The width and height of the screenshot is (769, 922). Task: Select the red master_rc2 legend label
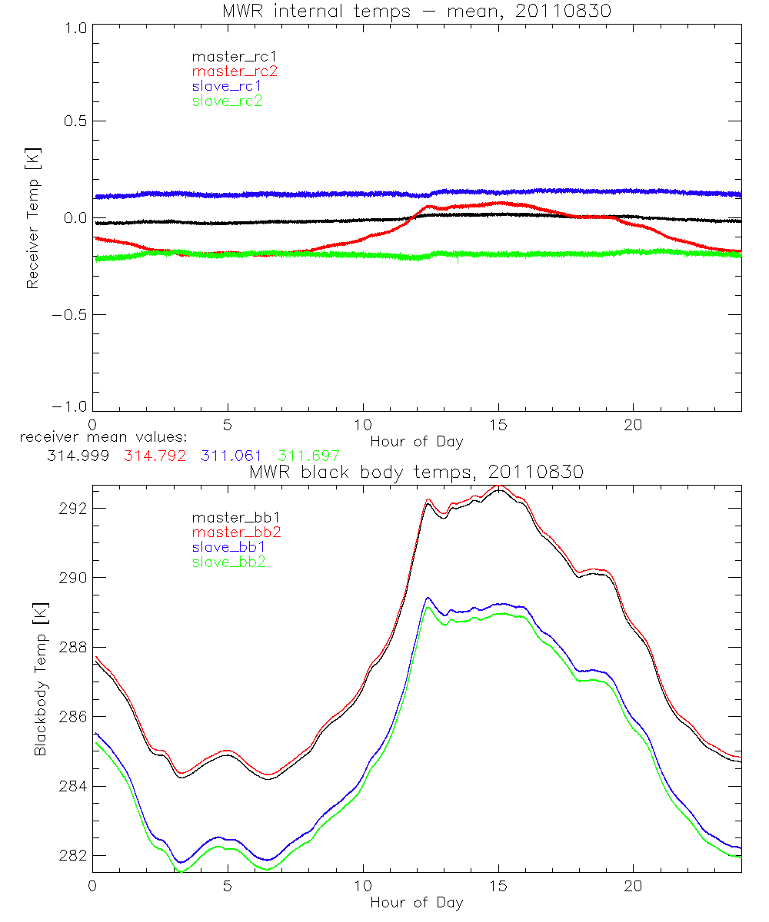(x=235, y=71)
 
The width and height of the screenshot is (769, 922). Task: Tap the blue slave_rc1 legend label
(x=227, y=86)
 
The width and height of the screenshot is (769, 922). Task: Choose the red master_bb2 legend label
(x=235, y=532)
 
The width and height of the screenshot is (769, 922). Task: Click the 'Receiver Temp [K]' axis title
(x=32, y=217)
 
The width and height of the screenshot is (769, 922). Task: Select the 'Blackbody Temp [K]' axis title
(x=40, y=679)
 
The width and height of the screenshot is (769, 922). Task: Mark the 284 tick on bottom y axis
(x=73, y=786)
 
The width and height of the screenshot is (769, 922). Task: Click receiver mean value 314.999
(x=77, y=455)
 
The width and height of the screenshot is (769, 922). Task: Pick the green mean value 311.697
(x=308, y=455)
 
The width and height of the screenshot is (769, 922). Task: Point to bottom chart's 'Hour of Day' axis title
(x=417, y=903)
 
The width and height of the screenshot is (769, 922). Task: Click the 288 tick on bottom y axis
(x=73, y=647)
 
